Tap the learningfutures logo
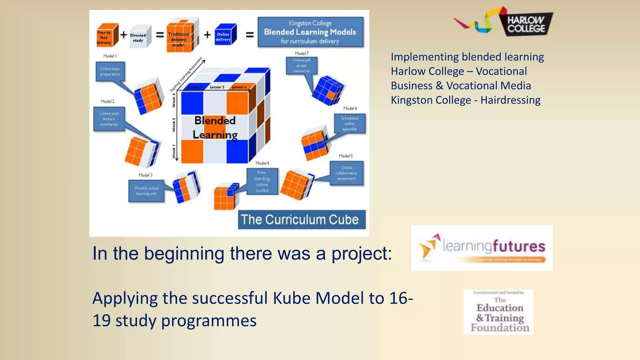(482, 248)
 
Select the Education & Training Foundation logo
(499, 312)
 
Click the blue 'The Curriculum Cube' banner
(302, 220)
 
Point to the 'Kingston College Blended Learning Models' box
(310, 32)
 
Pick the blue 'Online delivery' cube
(225, 35)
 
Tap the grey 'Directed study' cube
(139, 37)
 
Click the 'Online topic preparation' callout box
(110, 72)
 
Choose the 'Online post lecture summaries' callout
(109, 119)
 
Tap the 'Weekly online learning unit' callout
(146, 191)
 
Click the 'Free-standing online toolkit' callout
(262, 182)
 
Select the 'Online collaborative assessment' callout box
(346, 173)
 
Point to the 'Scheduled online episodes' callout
(349, 124)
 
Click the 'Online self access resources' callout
(301, 66)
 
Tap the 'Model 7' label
(302, 53)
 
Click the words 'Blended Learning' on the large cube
(215, 127)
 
